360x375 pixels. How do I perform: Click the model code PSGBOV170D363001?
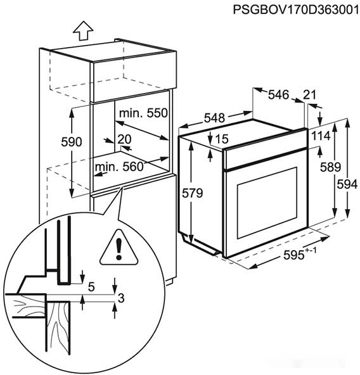coord(297,10)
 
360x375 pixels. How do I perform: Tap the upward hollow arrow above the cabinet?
coord(83,30)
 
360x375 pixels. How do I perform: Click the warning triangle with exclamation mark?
coord(119,248)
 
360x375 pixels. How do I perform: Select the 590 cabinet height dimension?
coord(72,142)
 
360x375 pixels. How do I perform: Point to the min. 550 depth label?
coord(143,113)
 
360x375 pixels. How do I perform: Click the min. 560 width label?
coord(119,167)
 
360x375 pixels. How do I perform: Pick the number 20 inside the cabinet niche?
coord(124,139)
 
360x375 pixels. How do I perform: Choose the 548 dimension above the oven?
coord(214,118)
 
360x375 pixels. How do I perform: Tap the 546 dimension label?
coord(279,95)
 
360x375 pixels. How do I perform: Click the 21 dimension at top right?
coord(309,94)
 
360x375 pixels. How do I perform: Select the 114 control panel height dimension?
coord(321,136)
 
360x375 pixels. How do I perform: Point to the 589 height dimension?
coord(330,167)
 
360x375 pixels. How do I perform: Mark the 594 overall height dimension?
coord(347,184)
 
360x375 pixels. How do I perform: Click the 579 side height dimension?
coord(192,193)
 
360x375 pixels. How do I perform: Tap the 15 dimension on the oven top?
coord(222,139)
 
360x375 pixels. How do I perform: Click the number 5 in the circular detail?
coord(91,286)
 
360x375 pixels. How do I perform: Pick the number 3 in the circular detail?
coord(121,298)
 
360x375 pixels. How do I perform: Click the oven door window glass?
coord(267,203)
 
